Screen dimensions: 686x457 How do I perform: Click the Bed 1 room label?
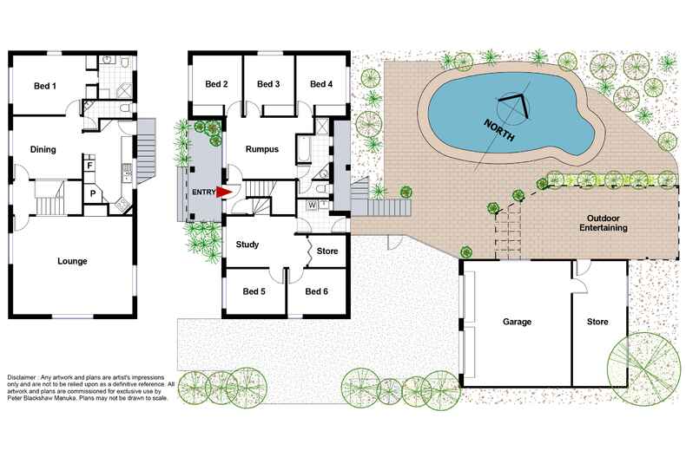45,86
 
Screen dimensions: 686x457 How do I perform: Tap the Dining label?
43,149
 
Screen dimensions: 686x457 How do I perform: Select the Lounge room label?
72,261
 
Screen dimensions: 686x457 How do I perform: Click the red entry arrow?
224,193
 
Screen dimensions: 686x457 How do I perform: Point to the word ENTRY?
203,193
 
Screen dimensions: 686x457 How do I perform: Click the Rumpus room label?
262,149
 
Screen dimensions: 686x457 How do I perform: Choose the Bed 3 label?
268,84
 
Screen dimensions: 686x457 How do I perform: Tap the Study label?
247,245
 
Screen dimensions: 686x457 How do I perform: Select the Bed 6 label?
316,291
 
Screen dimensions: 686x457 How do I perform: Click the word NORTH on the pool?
498,130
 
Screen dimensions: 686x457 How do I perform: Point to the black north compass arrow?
516,105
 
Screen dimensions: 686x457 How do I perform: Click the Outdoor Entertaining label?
604,223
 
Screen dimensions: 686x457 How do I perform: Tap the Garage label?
518,322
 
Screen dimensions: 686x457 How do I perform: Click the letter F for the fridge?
89,166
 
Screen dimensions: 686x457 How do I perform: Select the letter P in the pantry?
93,193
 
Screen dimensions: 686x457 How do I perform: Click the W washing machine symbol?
312,205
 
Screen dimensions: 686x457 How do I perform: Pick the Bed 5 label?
254,291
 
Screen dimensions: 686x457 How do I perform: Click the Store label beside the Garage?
597,322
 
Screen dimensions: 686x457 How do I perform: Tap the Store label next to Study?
327,251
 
